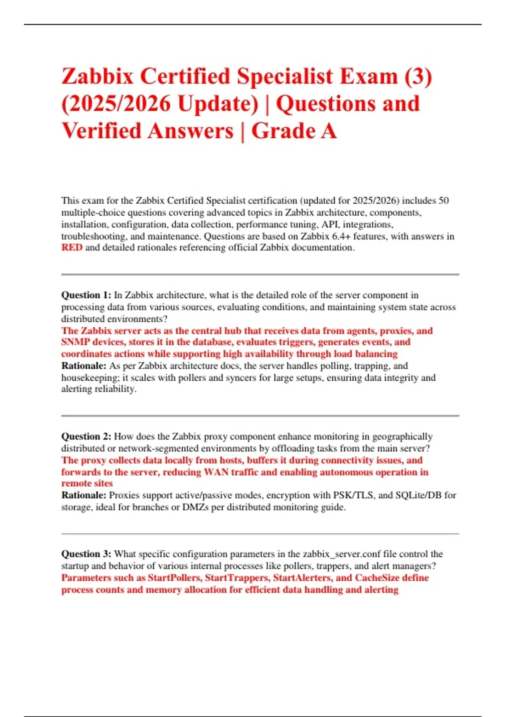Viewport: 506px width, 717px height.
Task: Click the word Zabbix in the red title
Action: click(97, 77)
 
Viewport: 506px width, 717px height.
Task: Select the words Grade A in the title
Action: click(294, 131)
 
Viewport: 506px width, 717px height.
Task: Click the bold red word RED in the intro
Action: click(72, 248)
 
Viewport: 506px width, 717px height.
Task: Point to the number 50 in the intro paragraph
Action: click(443, 200)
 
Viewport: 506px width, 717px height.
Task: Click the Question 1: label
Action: click(86, 295)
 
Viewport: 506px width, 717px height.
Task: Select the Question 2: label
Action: click(86, 437)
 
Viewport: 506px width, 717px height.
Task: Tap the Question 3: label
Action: click(86, 554)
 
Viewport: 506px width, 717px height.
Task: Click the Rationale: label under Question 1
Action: click(83, 366)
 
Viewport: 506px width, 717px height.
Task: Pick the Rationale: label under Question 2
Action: click(83, 495)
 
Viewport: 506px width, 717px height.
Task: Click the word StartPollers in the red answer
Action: click(174, 578)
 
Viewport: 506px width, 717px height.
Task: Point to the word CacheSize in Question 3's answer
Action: click(377, 578)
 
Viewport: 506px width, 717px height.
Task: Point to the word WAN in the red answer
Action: click(216, 472)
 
